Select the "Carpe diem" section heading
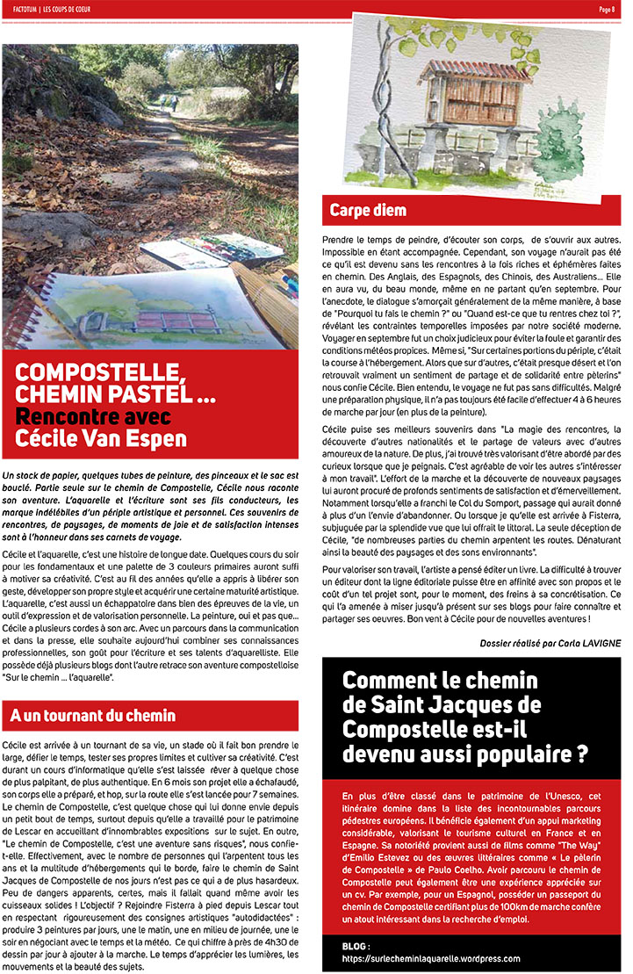pyautogui.click(x=368, y=210)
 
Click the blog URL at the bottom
pyautogui.click(x=430, y=959)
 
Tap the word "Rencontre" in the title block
pyautogui.click(x=68, y=415)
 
